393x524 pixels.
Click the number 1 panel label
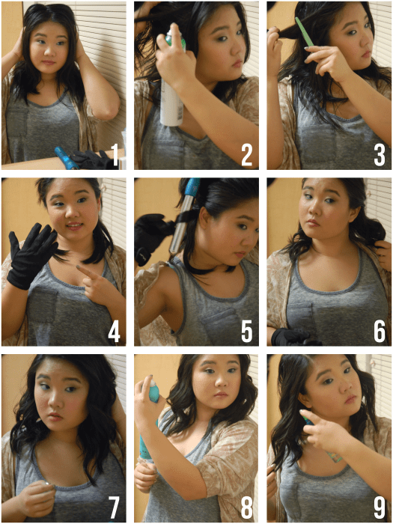pyautogui.click(x=115, y=155)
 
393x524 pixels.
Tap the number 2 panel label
pyautogui.click(x=247, y=155)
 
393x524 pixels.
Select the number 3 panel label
pyautogui.click(x=380, y=155)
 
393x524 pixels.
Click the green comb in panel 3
pyautogui.click(x=304, y=31)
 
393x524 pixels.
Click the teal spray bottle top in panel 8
pyautogui.click(x=153, y=390)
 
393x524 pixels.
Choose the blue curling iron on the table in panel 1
pyautogui.click(x=67, y=158)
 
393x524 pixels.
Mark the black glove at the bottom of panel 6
pyautogui.click(x=294, y=337)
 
